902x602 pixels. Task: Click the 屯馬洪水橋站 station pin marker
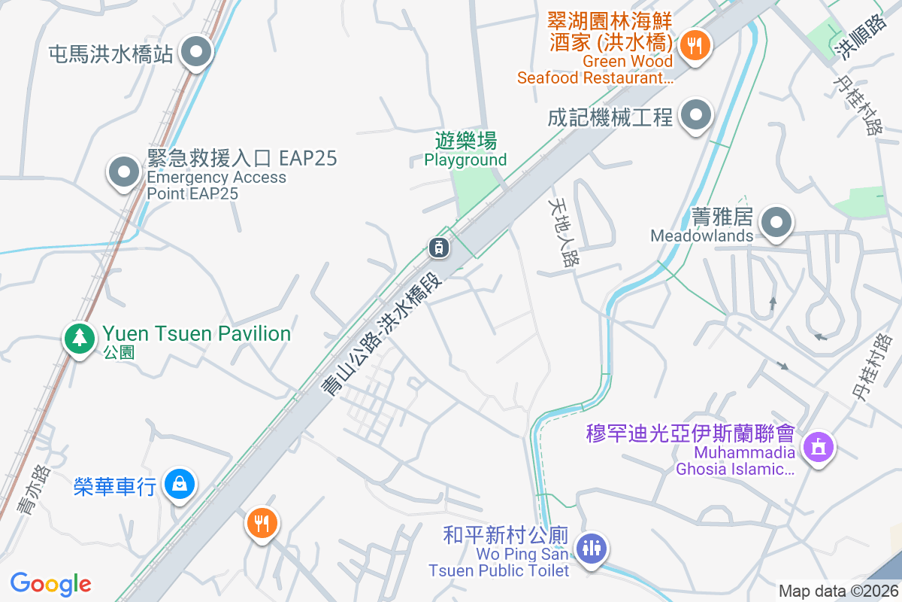(197, 53)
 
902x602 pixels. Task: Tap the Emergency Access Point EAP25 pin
(125, 172)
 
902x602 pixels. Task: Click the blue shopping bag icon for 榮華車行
(180, 484)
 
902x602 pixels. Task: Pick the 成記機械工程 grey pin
(696, 116)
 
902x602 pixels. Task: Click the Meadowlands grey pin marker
(776, 223)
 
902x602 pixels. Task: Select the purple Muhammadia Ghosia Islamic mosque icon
(818, 447)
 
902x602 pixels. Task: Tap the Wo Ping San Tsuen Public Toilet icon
(592, 547)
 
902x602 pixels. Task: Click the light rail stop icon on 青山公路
(439, 246)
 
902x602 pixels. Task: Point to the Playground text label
(465, 160)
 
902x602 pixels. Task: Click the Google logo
(51, 584)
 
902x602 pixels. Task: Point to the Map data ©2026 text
(838, 591)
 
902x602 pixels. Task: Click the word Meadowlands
(701, 236)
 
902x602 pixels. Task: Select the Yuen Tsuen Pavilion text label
(196, 333)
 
